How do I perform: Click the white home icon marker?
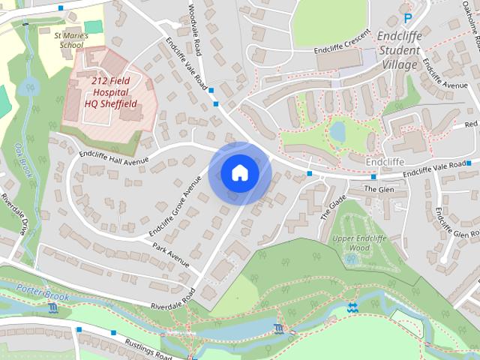coord(239,173)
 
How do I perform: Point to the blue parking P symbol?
coord(408,18)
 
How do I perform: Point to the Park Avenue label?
coord(170,255)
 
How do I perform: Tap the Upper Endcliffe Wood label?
coord(361,243)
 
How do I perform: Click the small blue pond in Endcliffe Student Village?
coord(337,132)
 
